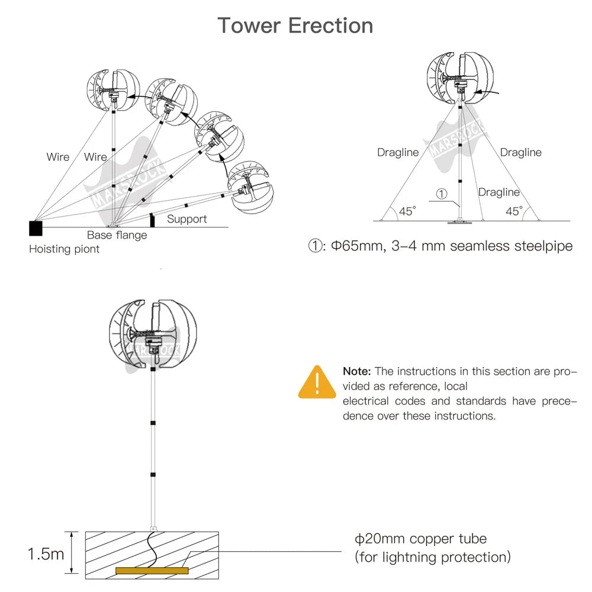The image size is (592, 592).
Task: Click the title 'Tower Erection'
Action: (x=295, y=26)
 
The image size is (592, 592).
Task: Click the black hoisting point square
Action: (x=36, y=228)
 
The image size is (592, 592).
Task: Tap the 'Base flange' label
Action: (x=117, y=235)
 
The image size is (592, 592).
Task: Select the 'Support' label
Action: (x=186, y=219)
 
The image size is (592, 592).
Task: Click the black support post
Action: (x=152, y=220)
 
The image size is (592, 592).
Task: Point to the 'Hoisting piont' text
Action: (x=64, y=249)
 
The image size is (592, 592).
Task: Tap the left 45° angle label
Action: (x=407, y=211)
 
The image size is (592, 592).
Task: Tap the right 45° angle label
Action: (x=514, y=211)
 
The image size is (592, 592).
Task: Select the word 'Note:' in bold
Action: (x=357, y=372)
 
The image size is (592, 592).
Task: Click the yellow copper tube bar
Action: (x=152, y=571)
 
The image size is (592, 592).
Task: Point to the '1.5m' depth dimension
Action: (x=46, y=554)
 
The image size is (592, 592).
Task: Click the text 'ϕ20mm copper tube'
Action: (x=420, y=539)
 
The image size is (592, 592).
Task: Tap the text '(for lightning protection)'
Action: (x=432, y=557)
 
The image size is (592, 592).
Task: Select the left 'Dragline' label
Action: (x=398, y=153)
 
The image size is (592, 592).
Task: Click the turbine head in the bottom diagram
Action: (x=153, y=334)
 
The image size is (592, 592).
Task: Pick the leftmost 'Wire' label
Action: (x=58, y=157)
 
